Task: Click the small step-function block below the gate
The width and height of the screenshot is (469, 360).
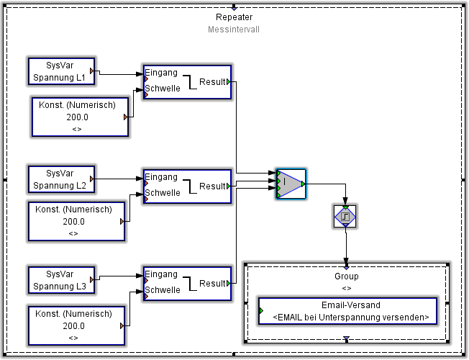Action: (345, 215)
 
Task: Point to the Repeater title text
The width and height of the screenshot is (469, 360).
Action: (234, 17)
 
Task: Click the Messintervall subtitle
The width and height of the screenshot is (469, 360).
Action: (234, 30)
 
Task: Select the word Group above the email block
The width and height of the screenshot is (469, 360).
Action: (346, 276)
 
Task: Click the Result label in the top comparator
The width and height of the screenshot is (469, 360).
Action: (212, 82)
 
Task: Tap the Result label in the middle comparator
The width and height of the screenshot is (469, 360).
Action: (212, 186)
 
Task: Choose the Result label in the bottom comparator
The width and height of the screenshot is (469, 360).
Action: (212, 284)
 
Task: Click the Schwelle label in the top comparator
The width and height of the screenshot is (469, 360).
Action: (163, 89)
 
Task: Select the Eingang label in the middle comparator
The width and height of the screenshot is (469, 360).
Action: (161, 177)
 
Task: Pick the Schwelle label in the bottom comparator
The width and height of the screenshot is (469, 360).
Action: (163, 290)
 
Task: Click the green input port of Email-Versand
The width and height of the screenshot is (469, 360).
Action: (260, 311)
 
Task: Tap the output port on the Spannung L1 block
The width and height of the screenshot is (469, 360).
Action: (92, 71)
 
